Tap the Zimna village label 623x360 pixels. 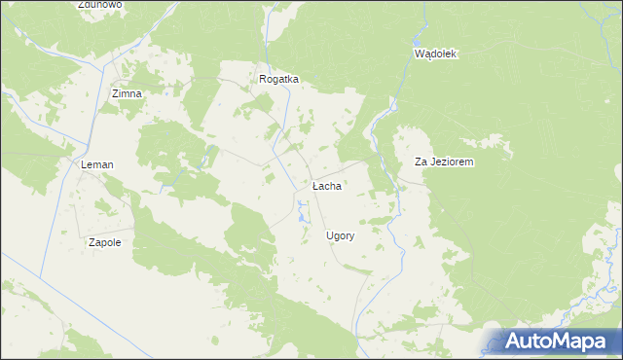tap(127, 93)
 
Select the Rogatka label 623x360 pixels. tap(278, 80)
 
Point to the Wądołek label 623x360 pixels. tap(435, 54)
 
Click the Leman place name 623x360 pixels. tap(96, 165)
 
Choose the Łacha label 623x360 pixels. tap(326, 186)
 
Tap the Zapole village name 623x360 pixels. tap(104, 242)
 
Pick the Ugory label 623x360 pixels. tap(340, 236)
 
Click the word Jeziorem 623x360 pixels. tap(451, 162)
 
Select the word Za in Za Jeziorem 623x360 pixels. tap(421, 162)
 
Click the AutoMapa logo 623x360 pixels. tap(556, 341)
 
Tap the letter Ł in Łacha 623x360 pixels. tap(315, 186)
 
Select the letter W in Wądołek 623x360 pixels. tap(420, 54)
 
